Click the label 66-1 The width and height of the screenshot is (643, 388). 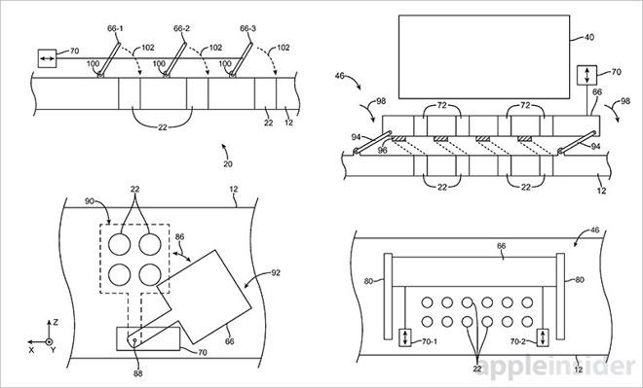[115, 28]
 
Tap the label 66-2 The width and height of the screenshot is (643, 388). [181, 28]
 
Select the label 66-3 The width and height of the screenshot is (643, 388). [248, 28]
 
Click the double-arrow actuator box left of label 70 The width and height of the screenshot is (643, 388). [47, 58]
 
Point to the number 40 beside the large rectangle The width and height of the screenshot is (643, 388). [588, 37]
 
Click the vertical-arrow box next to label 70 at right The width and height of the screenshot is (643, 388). [586, 75]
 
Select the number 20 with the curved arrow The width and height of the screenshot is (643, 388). [228, 164]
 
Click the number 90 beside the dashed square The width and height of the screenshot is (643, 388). [90, 201]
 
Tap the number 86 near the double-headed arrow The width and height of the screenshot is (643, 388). [179, 236]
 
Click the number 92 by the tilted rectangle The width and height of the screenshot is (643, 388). [276, 272]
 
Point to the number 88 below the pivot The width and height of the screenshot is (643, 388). [138, 373]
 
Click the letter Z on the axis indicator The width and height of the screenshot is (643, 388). [56, 323]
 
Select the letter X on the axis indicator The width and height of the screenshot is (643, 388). [31, 350]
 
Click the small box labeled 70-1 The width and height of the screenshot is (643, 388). [404, 337]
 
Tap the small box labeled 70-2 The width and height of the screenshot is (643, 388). [543, 337]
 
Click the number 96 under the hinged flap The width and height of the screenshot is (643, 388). [383, 151]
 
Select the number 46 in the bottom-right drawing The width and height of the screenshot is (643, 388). [594, 230]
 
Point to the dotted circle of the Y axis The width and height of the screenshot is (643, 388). [49, 341]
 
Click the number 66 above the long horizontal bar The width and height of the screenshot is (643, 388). [501, 246]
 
